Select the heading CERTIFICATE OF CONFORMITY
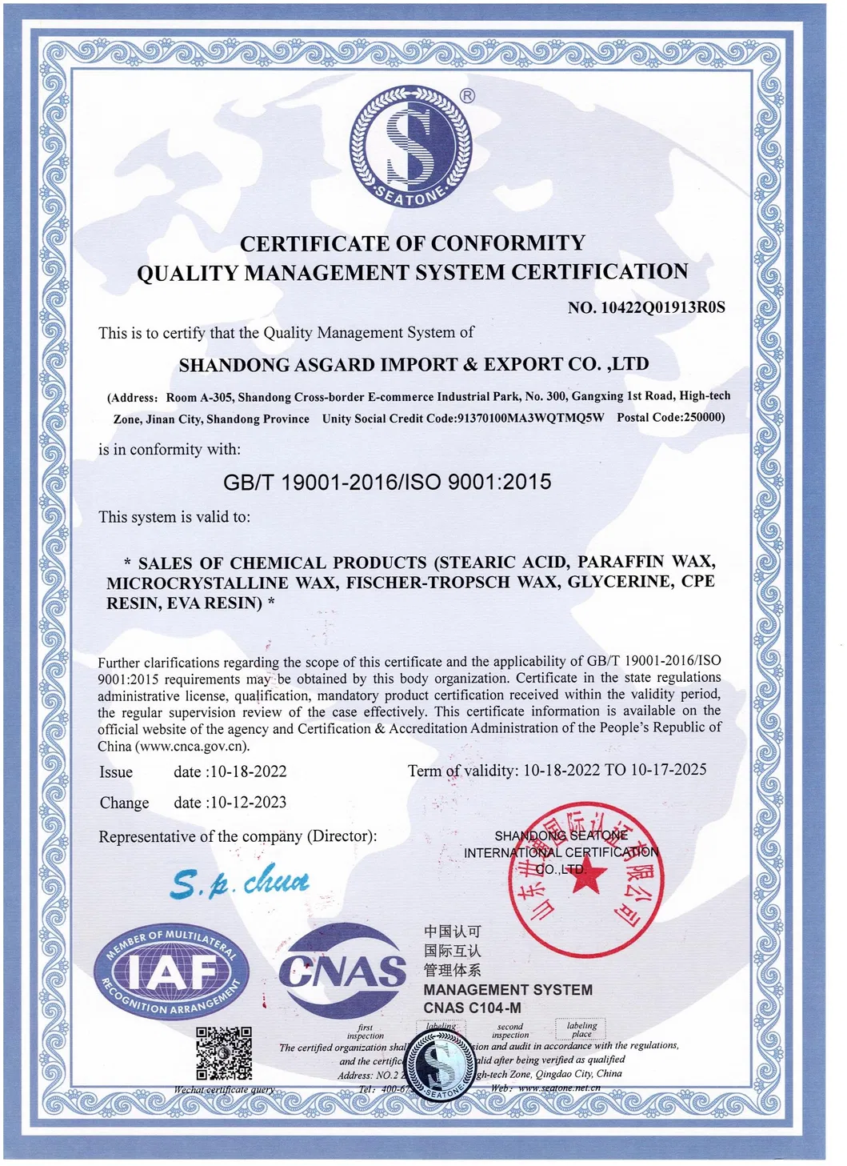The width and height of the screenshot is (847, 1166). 413,243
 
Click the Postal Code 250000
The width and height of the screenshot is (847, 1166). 703,417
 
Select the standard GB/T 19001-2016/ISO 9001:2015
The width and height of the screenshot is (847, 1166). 387,482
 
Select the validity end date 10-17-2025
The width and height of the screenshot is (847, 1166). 669,770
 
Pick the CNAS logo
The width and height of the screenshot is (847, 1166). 342,972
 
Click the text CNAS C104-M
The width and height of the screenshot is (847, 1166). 472,1008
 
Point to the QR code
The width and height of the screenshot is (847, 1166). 225,1053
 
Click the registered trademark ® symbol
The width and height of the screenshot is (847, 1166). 468,95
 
